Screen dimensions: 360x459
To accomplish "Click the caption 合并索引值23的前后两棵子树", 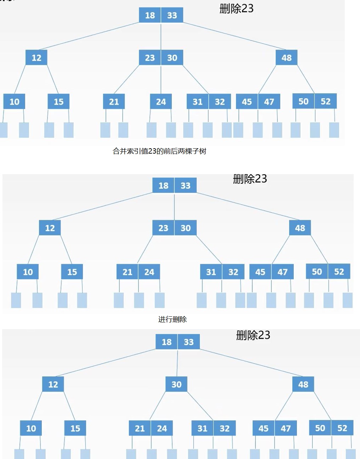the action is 159,151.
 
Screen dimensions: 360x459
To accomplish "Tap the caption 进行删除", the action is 172,319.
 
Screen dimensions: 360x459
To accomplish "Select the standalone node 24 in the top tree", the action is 161,102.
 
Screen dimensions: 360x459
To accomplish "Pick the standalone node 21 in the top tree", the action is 114,102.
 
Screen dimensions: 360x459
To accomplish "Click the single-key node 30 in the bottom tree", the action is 176,384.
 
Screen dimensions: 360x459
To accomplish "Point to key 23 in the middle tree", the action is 163,228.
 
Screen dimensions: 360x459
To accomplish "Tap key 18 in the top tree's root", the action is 150,15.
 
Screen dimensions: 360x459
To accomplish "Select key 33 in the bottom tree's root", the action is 189,342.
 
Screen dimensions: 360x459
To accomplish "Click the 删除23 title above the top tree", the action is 236,9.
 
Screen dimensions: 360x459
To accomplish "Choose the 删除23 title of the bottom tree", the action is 253,335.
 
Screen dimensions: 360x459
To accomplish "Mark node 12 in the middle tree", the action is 50,228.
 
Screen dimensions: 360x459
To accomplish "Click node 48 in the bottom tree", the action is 303,384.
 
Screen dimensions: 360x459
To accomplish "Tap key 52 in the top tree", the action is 326,101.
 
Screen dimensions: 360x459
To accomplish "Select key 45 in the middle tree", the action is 260,272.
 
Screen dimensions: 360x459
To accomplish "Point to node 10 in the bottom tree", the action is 31,428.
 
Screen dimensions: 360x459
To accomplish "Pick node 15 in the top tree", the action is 58,102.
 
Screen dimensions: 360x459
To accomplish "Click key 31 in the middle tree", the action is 211,272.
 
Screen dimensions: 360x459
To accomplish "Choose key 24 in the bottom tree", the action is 162,428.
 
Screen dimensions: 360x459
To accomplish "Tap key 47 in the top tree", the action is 269,102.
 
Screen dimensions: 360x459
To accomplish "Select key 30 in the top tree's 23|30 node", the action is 172,58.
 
